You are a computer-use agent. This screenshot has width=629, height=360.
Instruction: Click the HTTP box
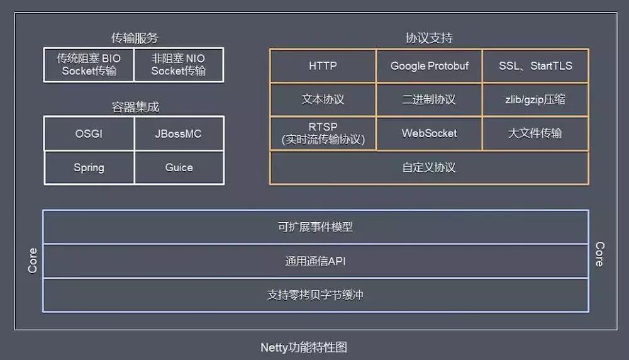point(323,66)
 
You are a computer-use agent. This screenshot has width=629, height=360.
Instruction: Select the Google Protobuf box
point(429,66)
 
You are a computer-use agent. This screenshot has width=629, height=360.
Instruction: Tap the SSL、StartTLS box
point(535,66)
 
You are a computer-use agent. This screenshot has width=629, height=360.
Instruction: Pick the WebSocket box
point(429,133)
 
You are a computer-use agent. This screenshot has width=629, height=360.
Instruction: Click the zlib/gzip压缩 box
point(535,99)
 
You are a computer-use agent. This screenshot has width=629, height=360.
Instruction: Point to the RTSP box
point(323,133)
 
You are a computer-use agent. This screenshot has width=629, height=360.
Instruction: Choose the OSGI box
point(89,133)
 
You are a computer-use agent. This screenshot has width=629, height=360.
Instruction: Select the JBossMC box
point(179,133)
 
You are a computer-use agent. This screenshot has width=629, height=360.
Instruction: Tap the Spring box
point(89,167)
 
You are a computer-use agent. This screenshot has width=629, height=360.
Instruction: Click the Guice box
point(179,167)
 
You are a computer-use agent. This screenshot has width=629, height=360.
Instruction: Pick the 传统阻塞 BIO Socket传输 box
point(89,65)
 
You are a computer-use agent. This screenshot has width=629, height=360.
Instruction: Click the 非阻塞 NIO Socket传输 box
point(179,65)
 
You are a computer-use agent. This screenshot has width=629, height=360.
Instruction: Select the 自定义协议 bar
point(429,167)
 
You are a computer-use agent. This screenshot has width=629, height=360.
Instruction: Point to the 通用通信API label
point(315,261)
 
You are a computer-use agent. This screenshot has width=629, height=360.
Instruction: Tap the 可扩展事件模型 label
point(315,227)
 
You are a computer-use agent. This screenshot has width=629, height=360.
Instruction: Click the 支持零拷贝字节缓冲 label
point(315,295)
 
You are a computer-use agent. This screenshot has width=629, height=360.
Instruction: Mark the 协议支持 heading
point(429,38)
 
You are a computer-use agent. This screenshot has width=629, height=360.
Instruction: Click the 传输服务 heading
point(135,38)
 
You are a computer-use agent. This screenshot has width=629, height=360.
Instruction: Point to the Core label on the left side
point(33,261)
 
